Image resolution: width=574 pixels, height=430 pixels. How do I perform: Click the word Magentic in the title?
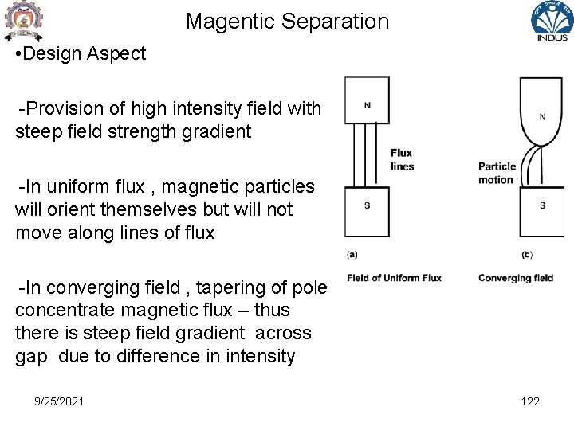(x=224, y=21)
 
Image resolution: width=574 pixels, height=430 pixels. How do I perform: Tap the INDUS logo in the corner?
(x=552, y=22)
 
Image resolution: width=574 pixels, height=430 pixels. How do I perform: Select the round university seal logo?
(x=23, y=21)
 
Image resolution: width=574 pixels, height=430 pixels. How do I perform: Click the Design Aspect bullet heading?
(x=85, y=54)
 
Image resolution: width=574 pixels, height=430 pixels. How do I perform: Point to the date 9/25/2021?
(x=59, y=401)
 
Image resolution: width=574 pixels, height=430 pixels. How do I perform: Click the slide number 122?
(x=530, y=401)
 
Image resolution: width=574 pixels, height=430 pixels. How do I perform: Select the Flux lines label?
(x=402, y=159)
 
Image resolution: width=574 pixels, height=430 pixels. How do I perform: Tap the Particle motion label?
(x=497, y=173)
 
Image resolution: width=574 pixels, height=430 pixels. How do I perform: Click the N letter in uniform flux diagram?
(x=367, y=105)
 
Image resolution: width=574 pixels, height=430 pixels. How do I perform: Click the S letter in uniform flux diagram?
(x=367, y=205)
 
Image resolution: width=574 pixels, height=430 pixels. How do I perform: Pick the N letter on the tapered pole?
(x=542, y=116)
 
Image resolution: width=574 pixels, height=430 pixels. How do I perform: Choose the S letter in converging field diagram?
(x=542, y=205)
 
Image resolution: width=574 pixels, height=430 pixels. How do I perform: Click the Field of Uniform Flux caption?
(x=394, y=278)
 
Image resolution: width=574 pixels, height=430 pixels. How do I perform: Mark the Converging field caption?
(x=515, y=278)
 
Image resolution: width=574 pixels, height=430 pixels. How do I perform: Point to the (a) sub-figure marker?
(x=352, y=255)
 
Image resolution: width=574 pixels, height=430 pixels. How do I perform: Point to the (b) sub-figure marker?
(x=527, y=255)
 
